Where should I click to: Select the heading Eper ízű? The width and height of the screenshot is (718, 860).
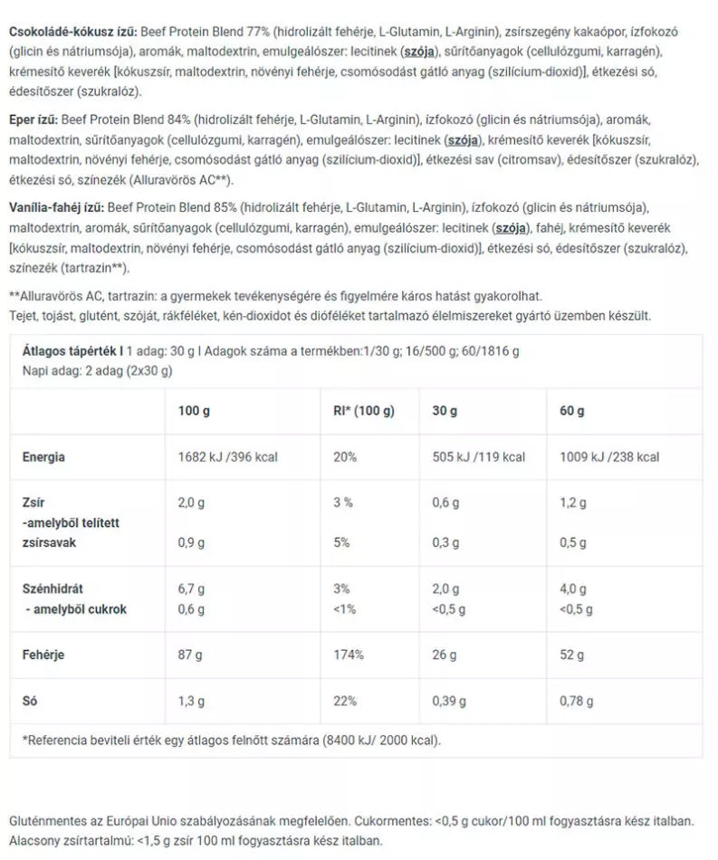click(34, 119)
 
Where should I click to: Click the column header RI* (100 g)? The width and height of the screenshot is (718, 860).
click(364, 411)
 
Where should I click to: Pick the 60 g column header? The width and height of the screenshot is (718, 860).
click(572, 411)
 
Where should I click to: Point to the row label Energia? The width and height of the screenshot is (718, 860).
click(43, 457)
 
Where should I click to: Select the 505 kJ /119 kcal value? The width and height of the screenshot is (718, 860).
click(478, 457)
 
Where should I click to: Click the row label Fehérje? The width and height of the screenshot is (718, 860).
click(43, 654)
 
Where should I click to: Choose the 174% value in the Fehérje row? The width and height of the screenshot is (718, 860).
click(349, 654)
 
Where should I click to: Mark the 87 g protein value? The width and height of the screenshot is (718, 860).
click(191, 654)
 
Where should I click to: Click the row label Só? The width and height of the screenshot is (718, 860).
click(31, 701)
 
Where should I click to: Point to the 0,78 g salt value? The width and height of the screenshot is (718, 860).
click(578, 701)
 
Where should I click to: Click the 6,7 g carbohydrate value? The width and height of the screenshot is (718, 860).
click(193, 589)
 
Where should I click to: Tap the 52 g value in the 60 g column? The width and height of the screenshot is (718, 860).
click(572, 654)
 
